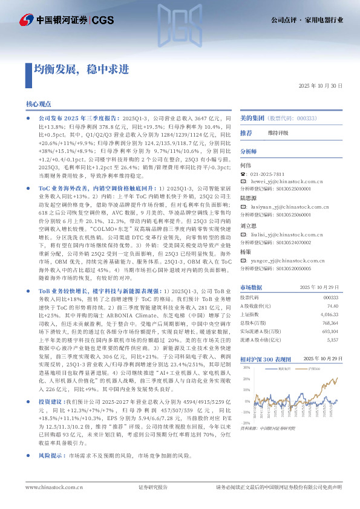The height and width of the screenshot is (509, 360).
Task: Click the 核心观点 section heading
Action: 39,104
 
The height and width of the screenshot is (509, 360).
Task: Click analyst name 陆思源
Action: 249,197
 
